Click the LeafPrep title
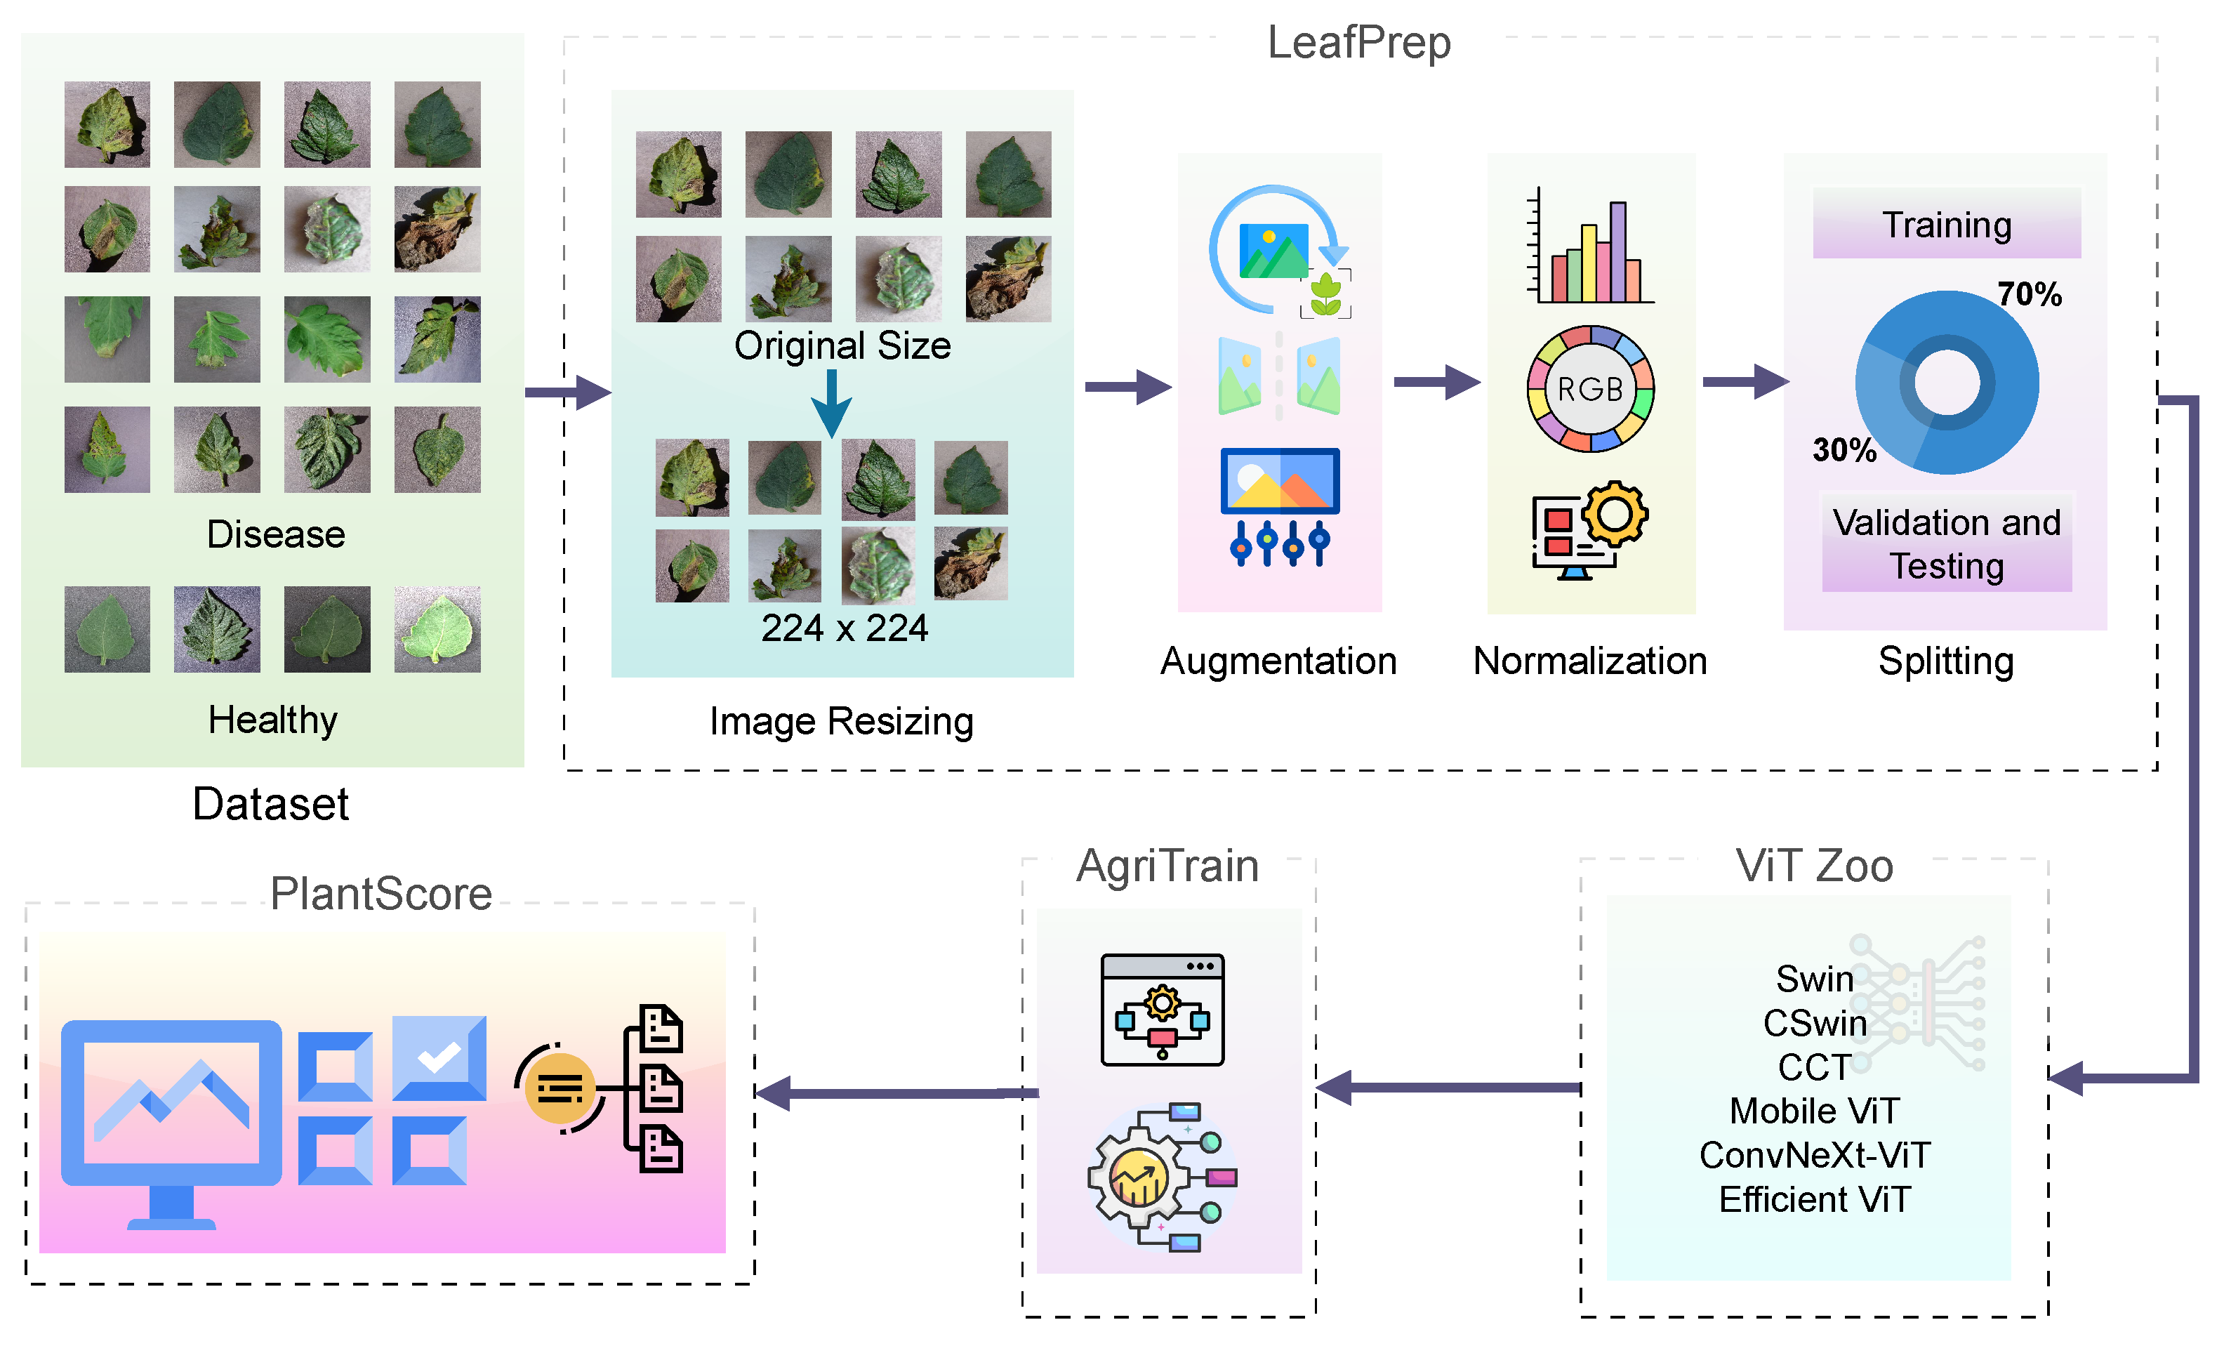pyautogui.click(x=1358, y=42)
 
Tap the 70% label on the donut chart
pyautogui.click(x=2029, y=294)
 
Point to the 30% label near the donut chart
pyautogui.click(x=1844, y=449)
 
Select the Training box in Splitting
pyautogui.click(x=1946, y=224)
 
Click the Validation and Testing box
pyautogui.click(x=1946, y=543)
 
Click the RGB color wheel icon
pyautogui.click(x=1589, y=389)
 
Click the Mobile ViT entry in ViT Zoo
pyautogui.click(x=1814, y=1111)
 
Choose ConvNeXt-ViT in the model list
pyautogui.click(x=1814, y=1155)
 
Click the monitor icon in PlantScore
pyautogui.click(x=171, y=1119)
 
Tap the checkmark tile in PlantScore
pyautogui.click(x=439, y=1058)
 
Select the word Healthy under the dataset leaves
pyautogui.click(x=272, y=720)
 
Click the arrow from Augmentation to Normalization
pyautogui.click(x=1435, y=382)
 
